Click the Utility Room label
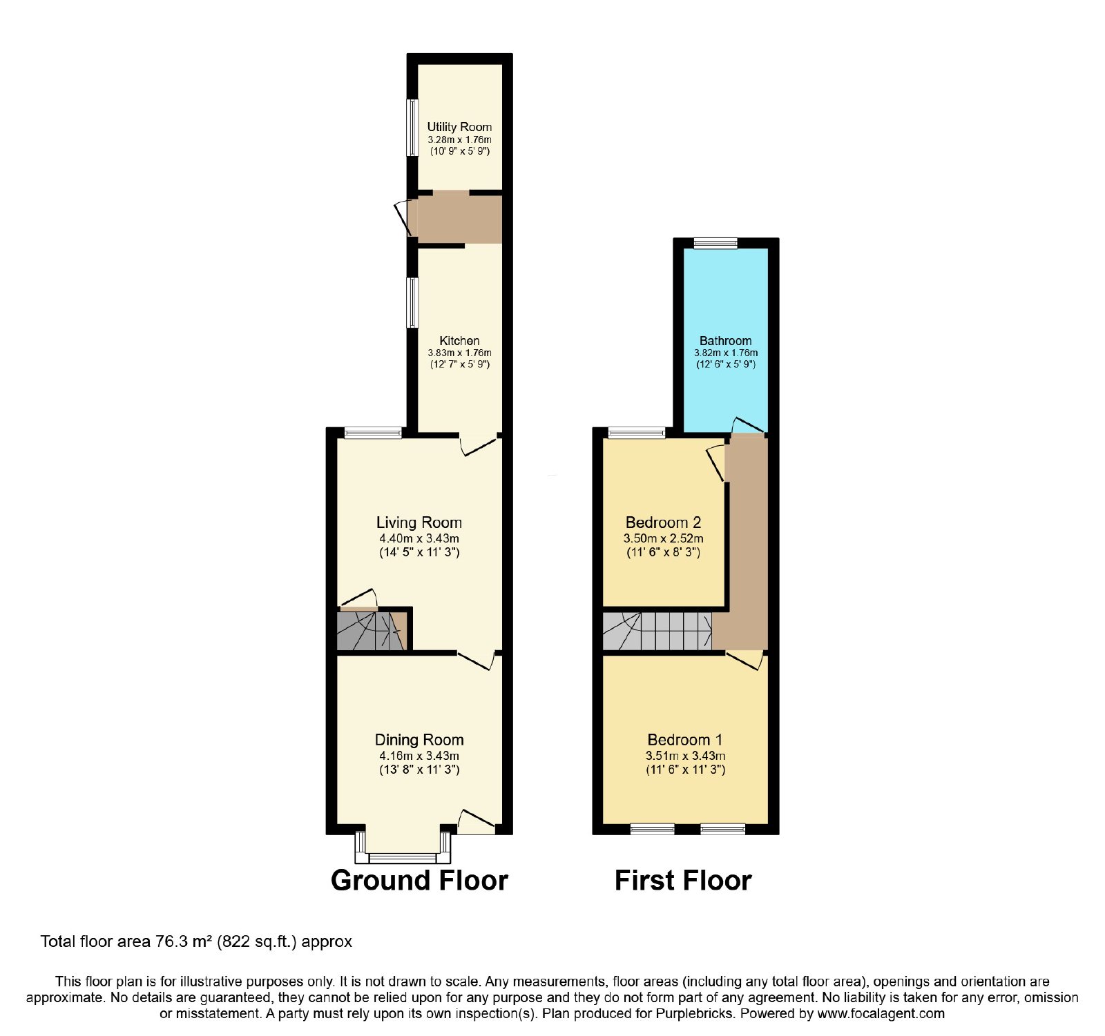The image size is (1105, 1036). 459,127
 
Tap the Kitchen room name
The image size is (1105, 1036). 459,340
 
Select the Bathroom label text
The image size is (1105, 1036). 725,340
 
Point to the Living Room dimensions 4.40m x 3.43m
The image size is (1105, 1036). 419,538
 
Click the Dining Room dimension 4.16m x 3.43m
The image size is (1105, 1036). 419,756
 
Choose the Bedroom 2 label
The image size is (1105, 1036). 664,522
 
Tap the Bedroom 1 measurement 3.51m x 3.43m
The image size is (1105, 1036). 685,756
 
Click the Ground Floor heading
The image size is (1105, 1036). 419,881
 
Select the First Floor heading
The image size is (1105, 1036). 683,881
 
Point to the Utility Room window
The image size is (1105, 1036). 412,128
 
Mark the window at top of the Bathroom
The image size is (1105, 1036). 715,242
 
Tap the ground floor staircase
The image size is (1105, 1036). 372,629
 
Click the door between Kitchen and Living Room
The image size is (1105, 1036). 479,445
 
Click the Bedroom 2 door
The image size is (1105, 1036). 717,463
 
